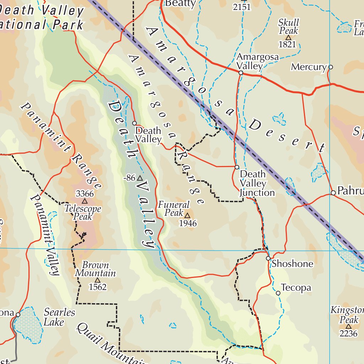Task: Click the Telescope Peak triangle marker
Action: [85, 202]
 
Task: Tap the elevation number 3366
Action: [85, 194]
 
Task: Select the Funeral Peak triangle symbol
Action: [187, 215]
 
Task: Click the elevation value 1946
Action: [187, 223]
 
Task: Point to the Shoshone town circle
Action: [268, 258]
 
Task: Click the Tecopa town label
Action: [296, 287]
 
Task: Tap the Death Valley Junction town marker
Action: [236, 167]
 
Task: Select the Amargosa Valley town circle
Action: [241, 73]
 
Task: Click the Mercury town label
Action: [308, 67]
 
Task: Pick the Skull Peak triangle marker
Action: [288, 37]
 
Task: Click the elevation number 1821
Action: [288, 44]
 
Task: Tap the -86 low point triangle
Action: [140, 178]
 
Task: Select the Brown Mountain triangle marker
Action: [97, 280]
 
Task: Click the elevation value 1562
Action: [97, 287]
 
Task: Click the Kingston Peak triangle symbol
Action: [348, 326]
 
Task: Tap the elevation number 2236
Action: [348, 333]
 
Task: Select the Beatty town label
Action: [181, 4]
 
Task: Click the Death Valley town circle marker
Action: [134, 123]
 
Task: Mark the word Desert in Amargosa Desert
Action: [287, 137]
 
